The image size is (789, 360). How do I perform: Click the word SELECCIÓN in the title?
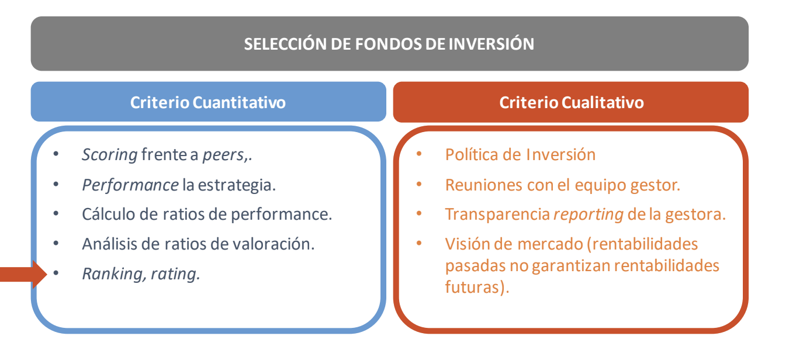point(285,44)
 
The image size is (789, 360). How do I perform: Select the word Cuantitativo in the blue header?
point(239,102)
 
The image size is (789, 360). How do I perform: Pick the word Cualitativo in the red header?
point(603,102)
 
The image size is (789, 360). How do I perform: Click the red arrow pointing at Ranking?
point(23,275)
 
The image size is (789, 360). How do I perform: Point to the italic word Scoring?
point(109,155)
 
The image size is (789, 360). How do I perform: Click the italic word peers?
point(223,155)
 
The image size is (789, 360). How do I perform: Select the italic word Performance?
point(130,185)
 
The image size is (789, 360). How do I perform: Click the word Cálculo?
point(109,214)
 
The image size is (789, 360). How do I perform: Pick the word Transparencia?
point(497,214)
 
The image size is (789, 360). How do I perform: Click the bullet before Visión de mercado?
point(419,243)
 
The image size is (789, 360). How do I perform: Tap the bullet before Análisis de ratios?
point(56,243)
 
